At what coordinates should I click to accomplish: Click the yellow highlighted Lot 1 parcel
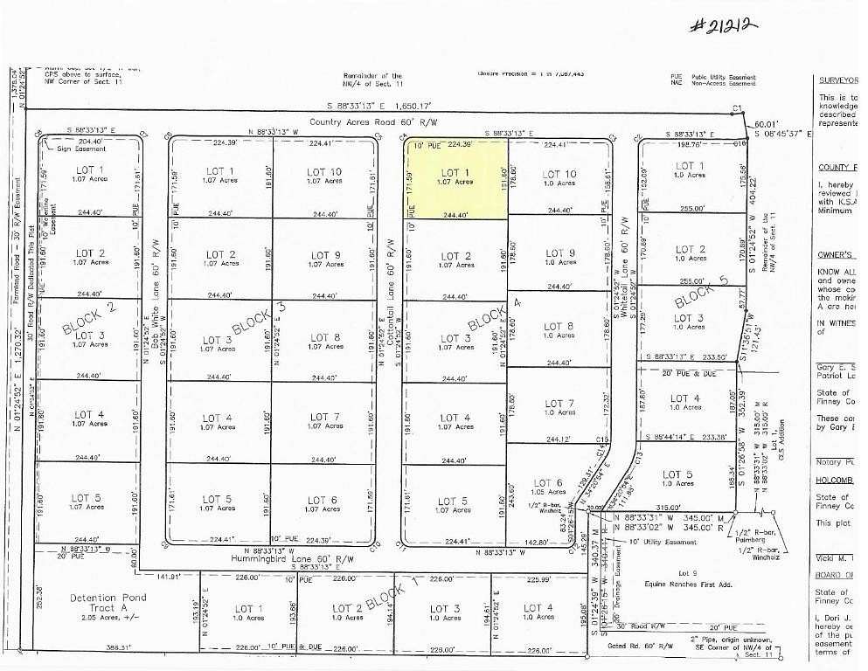[455, 178]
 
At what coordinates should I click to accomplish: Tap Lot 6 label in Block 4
[547, 487]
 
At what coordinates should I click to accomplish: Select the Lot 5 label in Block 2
[88, 502]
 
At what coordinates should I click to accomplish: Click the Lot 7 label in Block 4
[559, 408]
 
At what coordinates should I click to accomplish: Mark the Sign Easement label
[77, 149]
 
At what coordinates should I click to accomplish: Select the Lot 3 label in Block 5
[689, 322]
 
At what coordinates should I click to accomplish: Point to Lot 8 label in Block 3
[323, 342]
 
